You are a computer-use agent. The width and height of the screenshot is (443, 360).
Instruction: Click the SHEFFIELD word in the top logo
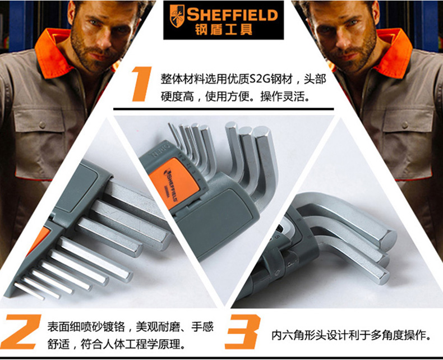[232, 15]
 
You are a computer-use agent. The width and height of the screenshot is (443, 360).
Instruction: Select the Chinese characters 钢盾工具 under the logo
[224, 30]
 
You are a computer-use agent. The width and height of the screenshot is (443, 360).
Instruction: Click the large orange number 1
[141, 84]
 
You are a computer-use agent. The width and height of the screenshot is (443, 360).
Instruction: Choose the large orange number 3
[243, 331]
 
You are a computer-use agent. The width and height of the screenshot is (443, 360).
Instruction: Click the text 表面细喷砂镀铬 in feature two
[86, 327]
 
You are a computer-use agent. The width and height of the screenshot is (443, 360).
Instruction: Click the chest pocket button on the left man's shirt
[43, 124]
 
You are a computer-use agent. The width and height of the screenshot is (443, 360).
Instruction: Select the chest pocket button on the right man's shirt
[405, 124]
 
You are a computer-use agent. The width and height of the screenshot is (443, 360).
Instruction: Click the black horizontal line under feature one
[224, 109]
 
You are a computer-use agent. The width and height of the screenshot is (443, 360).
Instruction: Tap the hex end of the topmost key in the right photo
[390, 239]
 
